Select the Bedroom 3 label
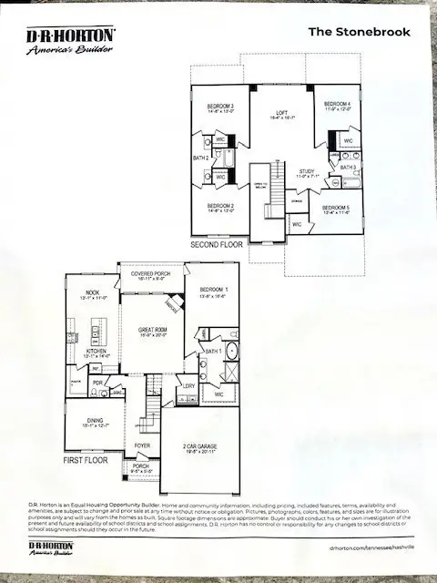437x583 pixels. coord(219,107)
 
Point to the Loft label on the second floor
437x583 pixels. coord(278,114)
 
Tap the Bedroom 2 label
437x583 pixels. coord(220,207)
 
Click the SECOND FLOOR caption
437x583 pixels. coord(218,245)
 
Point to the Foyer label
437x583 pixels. coord(143,445)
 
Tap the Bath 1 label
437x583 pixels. coord(214,351)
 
